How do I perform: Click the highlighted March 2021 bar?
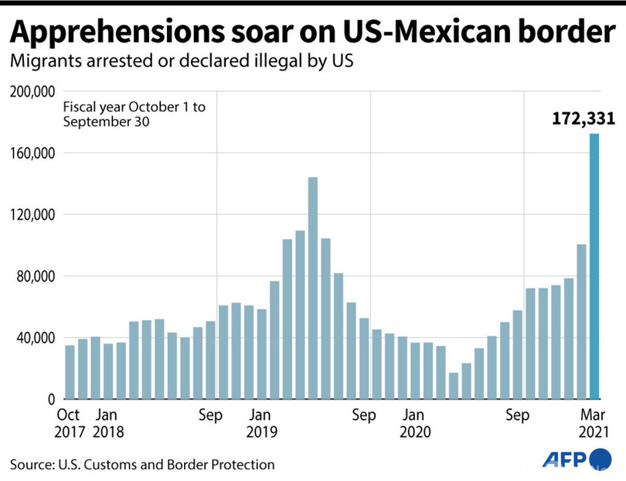pos(594,267)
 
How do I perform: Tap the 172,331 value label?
pos(582,119)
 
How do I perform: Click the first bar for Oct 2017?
pos(70,372)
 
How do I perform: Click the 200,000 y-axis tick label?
pos(31,91)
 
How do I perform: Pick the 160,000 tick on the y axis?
pos(31,153)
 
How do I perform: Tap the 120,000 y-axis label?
pos(31,214)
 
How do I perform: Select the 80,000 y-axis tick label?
pos(34,276)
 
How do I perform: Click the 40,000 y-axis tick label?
pos(34,338)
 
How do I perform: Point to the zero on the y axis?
pos(49,399)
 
